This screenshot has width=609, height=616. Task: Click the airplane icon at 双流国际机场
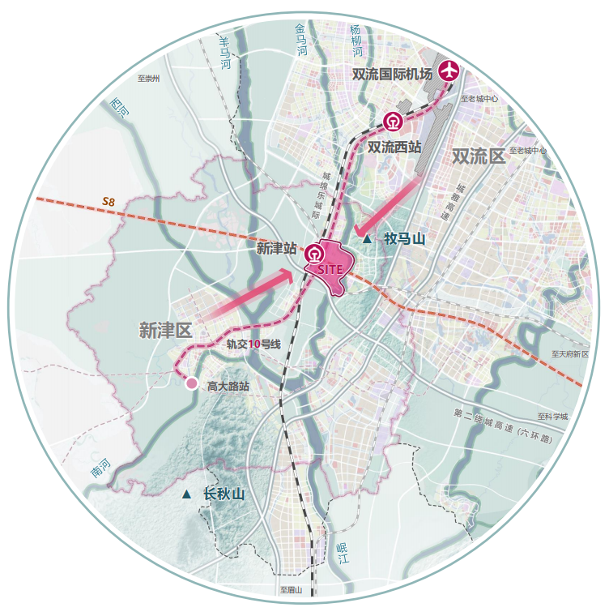448,71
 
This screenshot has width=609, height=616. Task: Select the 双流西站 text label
394,148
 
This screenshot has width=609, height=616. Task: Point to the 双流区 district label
479,156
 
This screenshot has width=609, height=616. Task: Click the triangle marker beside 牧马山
368,239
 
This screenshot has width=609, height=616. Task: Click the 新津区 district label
164,330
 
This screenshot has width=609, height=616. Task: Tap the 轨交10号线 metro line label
253,344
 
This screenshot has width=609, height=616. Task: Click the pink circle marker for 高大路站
192,383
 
